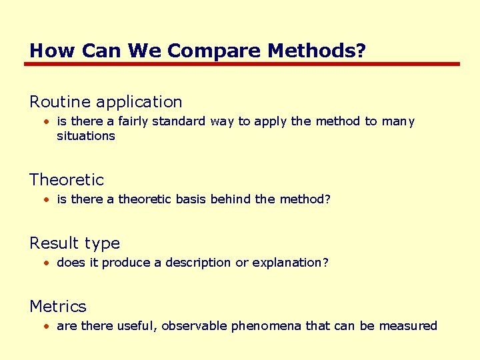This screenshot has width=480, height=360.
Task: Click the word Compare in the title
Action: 205,51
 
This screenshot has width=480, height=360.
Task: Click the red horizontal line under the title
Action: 242,64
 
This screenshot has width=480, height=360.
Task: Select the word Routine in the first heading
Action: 60,102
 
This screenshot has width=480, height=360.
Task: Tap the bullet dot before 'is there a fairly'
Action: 47,122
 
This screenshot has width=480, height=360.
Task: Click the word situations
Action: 86,136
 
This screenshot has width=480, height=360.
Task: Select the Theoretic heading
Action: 67,179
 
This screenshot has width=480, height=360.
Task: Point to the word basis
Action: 189,199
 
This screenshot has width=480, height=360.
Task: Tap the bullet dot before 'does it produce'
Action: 47,263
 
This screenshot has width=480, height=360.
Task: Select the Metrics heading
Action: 58,306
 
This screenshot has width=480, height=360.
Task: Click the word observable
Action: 195,326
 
